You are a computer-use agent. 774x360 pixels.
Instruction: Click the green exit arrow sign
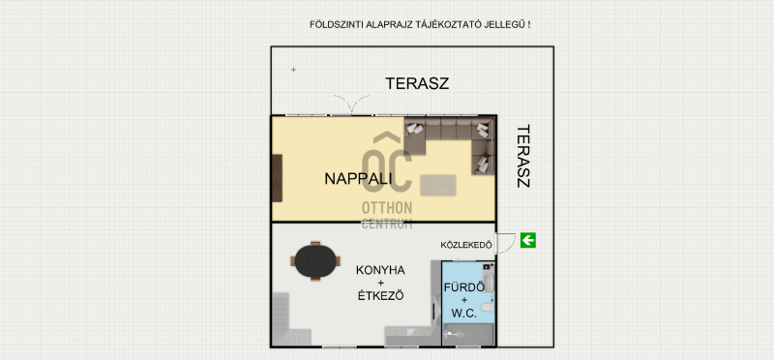(x=528, y=241)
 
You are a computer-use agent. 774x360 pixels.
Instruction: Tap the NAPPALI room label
(x=358, y=179)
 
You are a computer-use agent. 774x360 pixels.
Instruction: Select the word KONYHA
(x=380, y=270)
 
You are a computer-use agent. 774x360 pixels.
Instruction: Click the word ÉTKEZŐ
(x=380, y=296)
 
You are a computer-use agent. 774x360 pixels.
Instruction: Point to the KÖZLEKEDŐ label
(x=466, y=245)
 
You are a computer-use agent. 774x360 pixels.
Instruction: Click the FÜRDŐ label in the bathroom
(x=464, y=287)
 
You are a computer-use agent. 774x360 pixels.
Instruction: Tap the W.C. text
(x=464, y=314)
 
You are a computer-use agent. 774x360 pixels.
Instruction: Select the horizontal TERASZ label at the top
(x=417, y=83)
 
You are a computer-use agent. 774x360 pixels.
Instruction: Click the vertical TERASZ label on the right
(x=523, y=156)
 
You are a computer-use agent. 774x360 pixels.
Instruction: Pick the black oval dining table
(x=315, y=261)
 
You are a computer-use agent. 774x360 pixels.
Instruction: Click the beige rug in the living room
(x=438, y=185)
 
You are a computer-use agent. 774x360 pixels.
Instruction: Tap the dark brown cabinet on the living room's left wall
(x=277, y=178)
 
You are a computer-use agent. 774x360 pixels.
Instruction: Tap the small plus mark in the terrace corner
(x=293, y=70)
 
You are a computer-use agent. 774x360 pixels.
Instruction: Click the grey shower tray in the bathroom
(x=468, y=334)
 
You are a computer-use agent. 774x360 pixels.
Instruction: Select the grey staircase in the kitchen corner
(x=292, y=319)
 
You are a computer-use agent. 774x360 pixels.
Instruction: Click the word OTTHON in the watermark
(x=387, y=207)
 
